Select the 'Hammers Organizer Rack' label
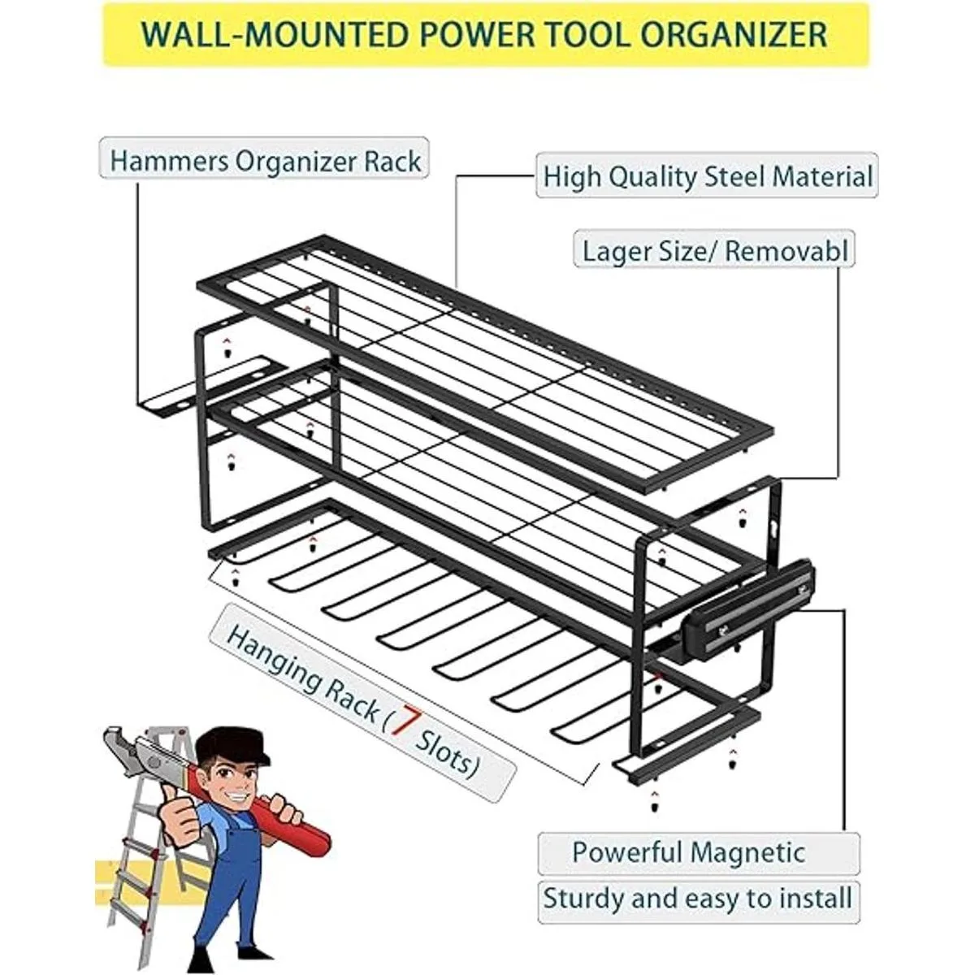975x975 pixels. pyautogui.click(x=264, y=161)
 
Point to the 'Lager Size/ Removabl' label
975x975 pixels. pyautogui.click(x=714, y=250)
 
